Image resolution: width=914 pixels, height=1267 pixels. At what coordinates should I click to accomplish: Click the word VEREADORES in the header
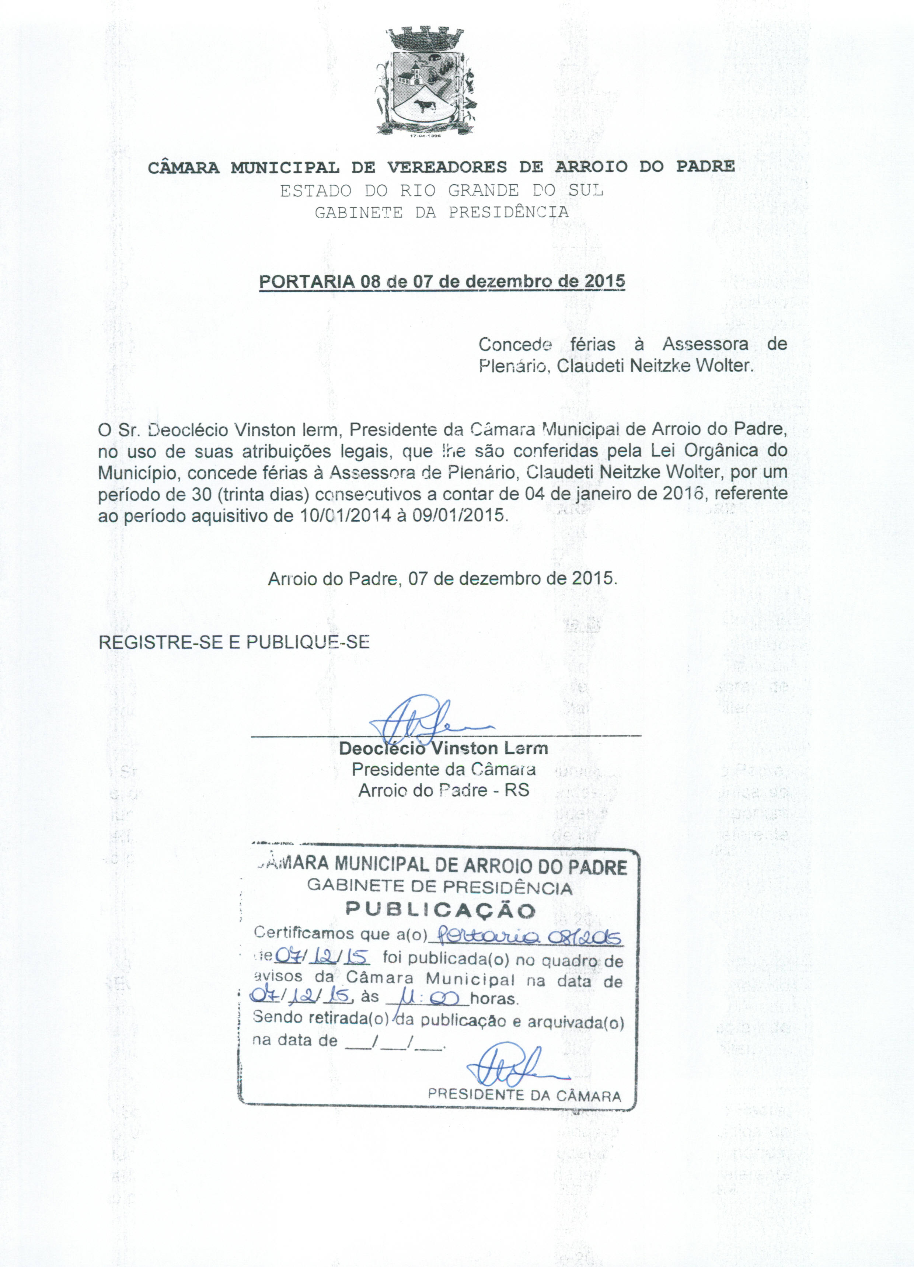point(447,167)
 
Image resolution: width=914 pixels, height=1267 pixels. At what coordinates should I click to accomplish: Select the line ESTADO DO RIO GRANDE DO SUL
point(442,191)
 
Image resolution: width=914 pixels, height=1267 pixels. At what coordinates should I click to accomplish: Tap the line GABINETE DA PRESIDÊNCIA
point(442,213)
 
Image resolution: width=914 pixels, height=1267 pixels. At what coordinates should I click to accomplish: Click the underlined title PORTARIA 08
point(442,281)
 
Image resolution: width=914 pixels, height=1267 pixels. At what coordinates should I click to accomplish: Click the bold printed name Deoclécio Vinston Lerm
point(443,749)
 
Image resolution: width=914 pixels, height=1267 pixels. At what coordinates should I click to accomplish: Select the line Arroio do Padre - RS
point(443,790)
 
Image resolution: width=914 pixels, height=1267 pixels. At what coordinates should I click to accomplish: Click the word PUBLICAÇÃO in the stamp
point(440,910)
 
